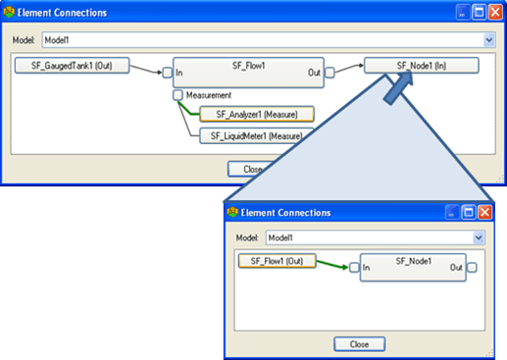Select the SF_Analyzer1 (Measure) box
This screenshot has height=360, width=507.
257,114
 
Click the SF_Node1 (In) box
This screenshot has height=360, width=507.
422,66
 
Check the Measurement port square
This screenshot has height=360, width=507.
177,95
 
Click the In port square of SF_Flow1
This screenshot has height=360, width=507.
167,72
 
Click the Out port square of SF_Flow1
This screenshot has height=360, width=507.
330,72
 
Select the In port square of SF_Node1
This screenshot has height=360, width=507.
354,268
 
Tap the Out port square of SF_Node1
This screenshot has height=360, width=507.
472,268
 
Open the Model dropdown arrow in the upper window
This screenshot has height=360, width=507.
488,40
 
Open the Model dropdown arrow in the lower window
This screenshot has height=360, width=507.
479,237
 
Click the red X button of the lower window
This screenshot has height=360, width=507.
485,212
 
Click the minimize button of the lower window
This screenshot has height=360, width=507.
452,212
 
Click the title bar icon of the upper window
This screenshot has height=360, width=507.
12,13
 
